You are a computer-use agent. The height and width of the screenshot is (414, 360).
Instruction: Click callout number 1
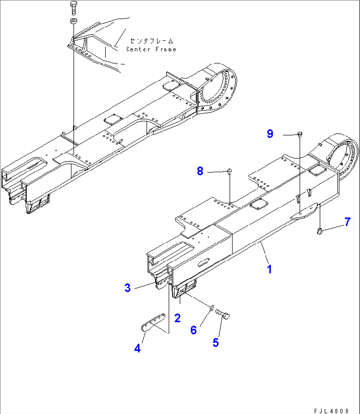click(270, 269)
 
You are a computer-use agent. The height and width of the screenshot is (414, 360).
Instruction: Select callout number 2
click(177, 318)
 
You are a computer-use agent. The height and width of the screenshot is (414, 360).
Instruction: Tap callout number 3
click(127, 288)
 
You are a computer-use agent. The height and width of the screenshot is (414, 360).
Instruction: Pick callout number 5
click(215, 342)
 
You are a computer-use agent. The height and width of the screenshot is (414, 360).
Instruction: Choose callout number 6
click(194, 329)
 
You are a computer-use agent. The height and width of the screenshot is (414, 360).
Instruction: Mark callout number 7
click(347, 222)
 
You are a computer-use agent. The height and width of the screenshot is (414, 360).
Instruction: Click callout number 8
click(200, 171)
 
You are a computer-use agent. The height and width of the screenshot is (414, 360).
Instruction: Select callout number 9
click(270, 134)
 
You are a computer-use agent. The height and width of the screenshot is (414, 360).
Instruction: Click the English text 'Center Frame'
click(151, 49)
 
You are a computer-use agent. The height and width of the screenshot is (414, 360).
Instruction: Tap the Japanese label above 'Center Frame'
click(151, 41)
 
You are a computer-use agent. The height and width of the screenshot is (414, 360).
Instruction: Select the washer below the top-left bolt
click(73, 22)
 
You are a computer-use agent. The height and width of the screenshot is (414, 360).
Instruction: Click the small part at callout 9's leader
click(300, 134)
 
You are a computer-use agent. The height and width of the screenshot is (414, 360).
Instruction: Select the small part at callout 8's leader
click(229, 171)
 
